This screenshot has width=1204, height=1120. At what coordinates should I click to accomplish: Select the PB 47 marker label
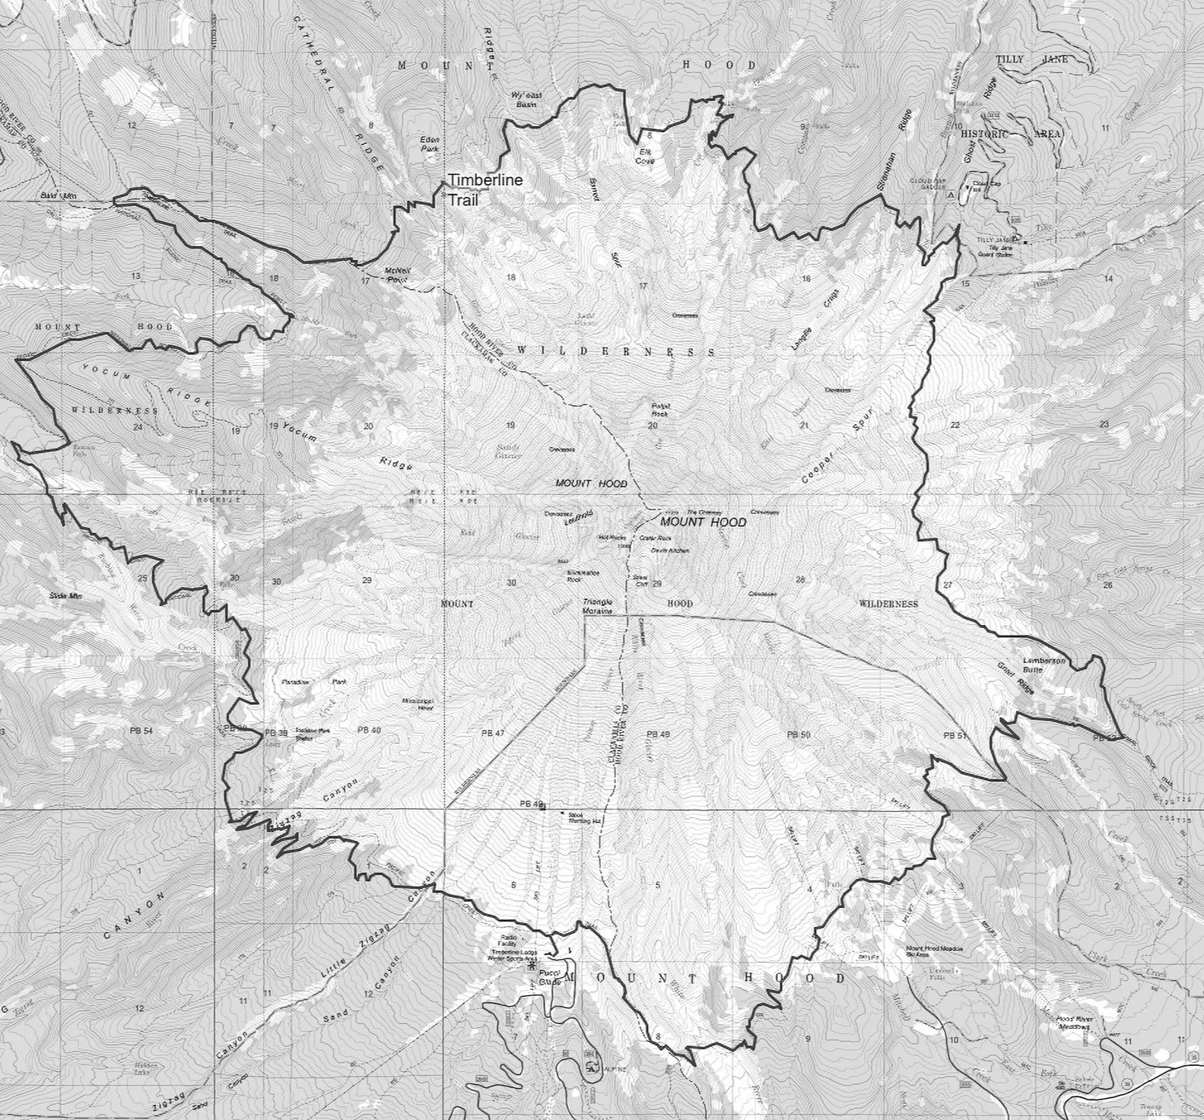pyautogui.click(x=494, y=733)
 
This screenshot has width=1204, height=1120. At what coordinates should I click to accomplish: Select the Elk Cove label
pyautogui.click(x=645, y=157)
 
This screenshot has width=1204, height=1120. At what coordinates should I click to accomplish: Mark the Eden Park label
pyautogui.click(x=431, y=144)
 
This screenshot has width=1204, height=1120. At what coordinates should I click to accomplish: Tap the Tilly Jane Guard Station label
pyautogui.click(x=999, y=247)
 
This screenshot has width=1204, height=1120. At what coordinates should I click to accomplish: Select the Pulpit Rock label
pyautogui.click(x=659, y=409)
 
